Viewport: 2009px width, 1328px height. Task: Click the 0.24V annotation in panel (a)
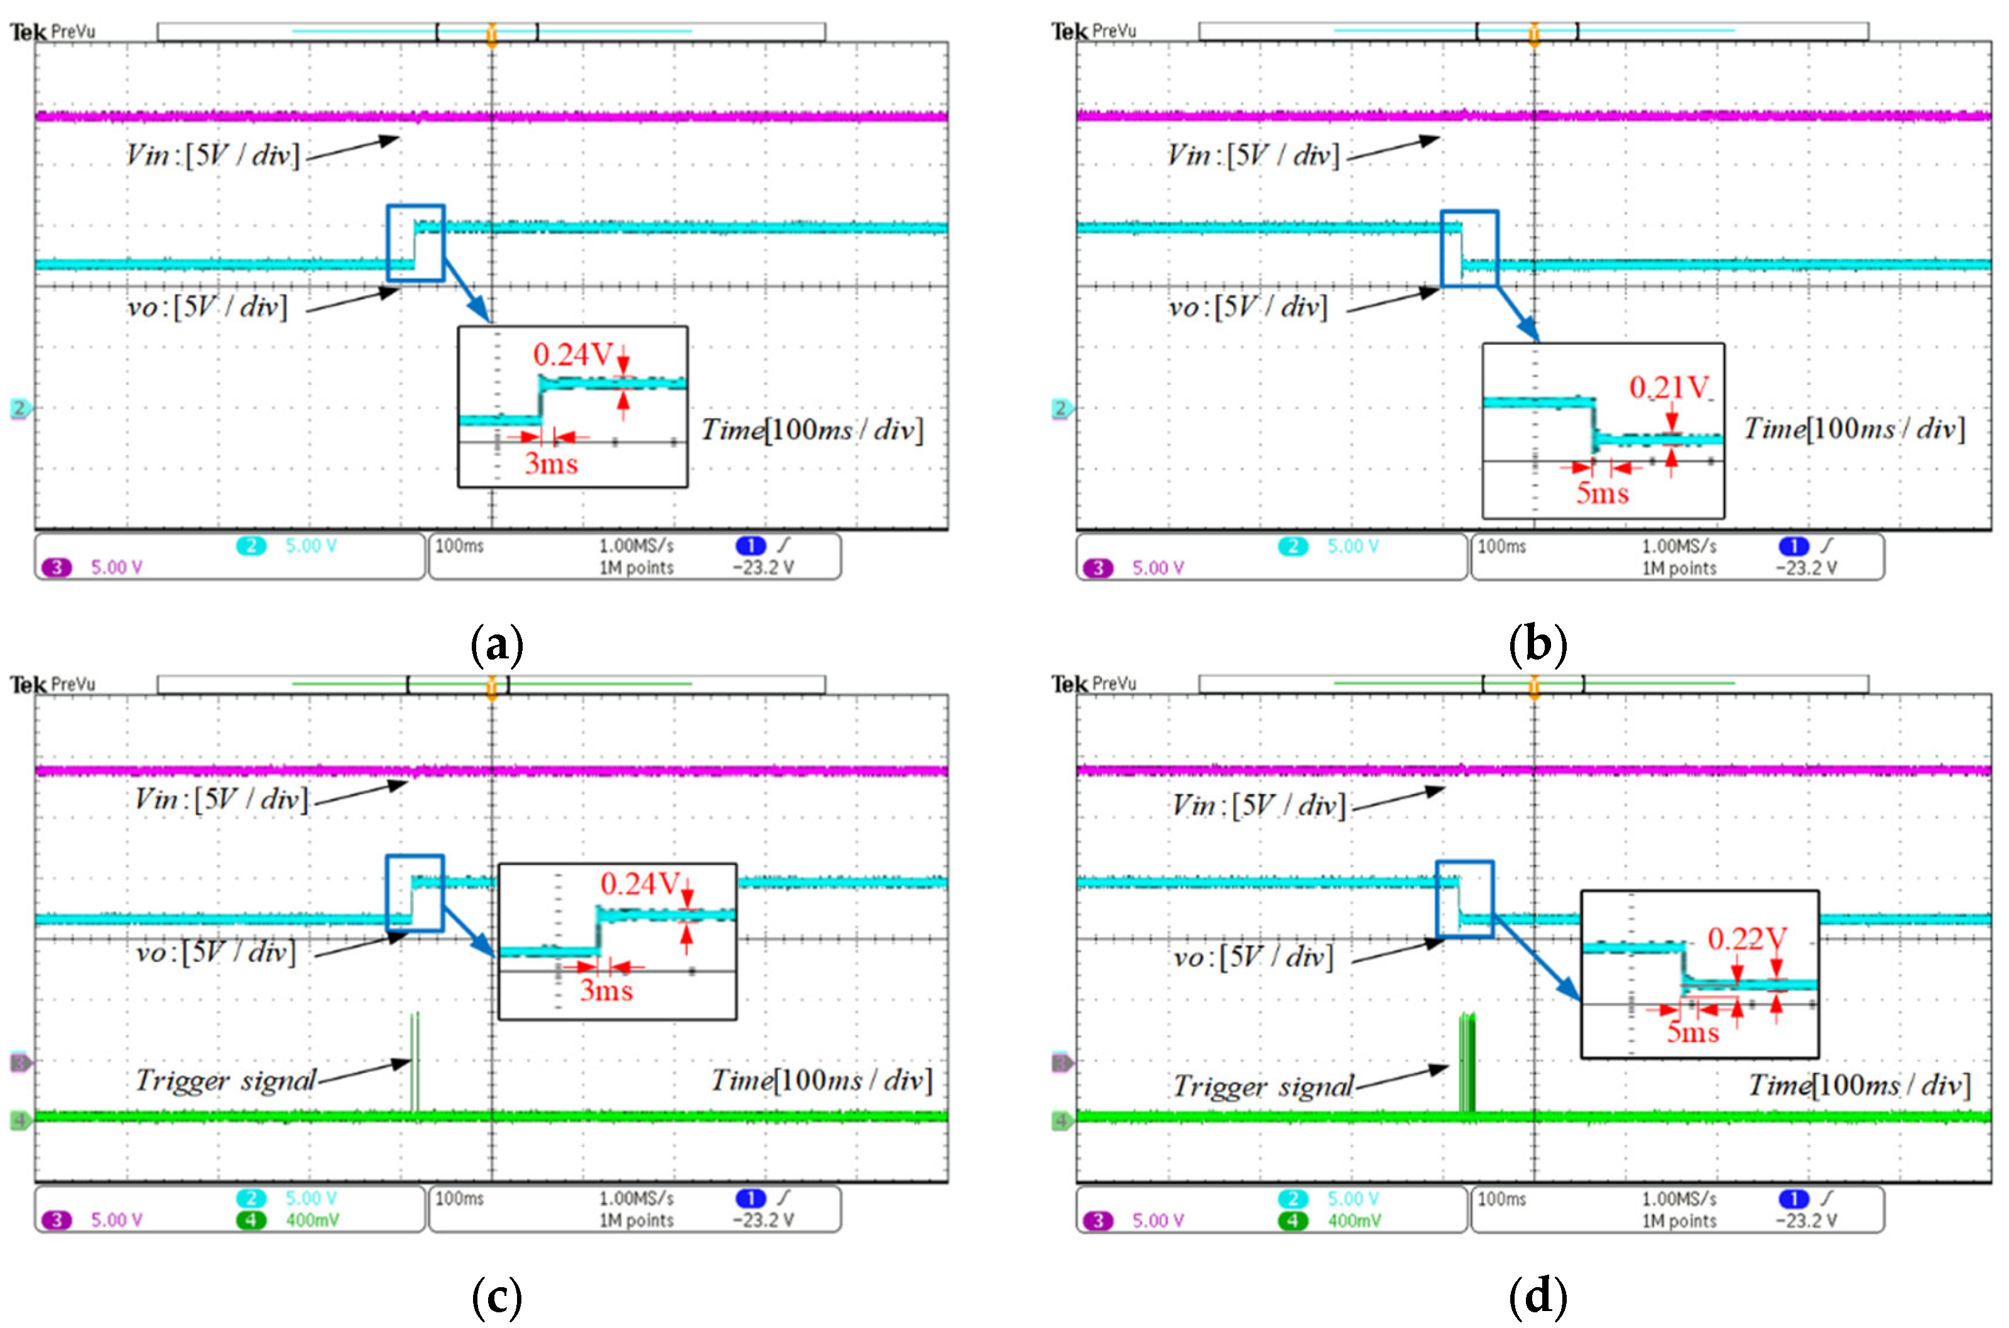pyautogui.click(x=572, y=354)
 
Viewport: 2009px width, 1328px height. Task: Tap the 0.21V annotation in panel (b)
pyautogui.click(x=1669, y=388)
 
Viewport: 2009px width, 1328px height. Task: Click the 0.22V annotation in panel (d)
pyautogui.click(x=1746, y=939)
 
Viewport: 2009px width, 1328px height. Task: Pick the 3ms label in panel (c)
pyautogui.click(x=606, y=990)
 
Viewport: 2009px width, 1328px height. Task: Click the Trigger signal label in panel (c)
pyautogui.click(x=226, y=1080)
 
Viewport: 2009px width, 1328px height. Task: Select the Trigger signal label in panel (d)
pyautogui.click(x=1263, y=1087)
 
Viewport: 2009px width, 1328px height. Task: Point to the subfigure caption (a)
pyautogui.click(x=496, y=645)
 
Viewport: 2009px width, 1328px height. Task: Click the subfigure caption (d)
pyautogui.click(x=1537, y=1297)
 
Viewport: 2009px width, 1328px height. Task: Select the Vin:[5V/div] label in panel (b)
pyautogui.click(x=1253, y=156)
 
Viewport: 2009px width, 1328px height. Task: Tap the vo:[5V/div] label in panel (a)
pyautogui.click(x=207, y=307)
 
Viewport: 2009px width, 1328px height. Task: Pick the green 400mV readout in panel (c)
pyautogui.click(x=312, y=1221)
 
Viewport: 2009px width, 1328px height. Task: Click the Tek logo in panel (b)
pyautogui.click(x=1069, y=32)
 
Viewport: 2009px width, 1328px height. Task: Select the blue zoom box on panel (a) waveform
pyautogui.click(x=416, y=242)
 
